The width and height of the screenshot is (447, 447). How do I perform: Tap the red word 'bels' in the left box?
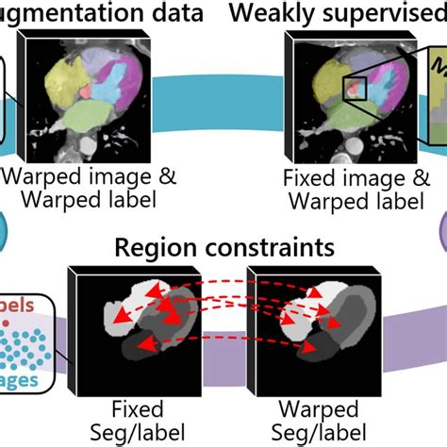(x=19, y=307)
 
